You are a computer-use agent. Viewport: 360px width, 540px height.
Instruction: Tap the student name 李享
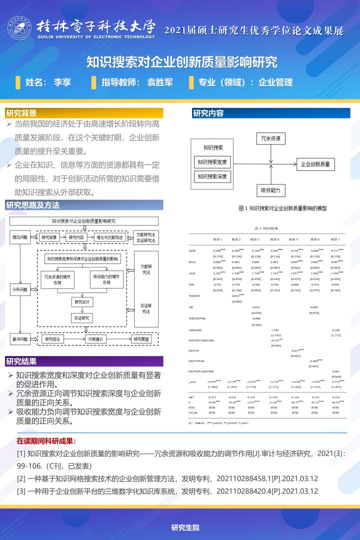pos(62,82)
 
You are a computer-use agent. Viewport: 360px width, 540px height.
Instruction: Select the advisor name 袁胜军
pos(160,82)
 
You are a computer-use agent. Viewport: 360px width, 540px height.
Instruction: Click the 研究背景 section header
pos(22,112)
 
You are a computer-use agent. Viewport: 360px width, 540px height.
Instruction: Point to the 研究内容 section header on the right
pos(208,113)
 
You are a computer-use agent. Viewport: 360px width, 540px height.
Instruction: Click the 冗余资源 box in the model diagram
pos(270,138)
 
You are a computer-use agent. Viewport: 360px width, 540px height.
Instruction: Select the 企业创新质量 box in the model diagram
pos(315,163)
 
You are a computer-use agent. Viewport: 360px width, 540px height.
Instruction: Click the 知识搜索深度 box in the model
pos(212,176)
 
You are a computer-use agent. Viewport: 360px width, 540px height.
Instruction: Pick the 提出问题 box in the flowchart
pos(20,237)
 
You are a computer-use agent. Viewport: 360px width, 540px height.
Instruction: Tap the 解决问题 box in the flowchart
pos(20,339)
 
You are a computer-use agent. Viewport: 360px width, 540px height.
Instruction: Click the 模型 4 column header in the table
pos(274,239)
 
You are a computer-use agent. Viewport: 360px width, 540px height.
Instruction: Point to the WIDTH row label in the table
pos(194,296)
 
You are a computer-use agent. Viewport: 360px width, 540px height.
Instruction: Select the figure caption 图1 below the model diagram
pos(282,208)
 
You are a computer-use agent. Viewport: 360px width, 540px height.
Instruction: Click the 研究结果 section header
pos(22,361)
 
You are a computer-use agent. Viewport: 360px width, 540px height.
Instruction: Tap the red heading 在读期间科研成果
pos(46,441)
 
